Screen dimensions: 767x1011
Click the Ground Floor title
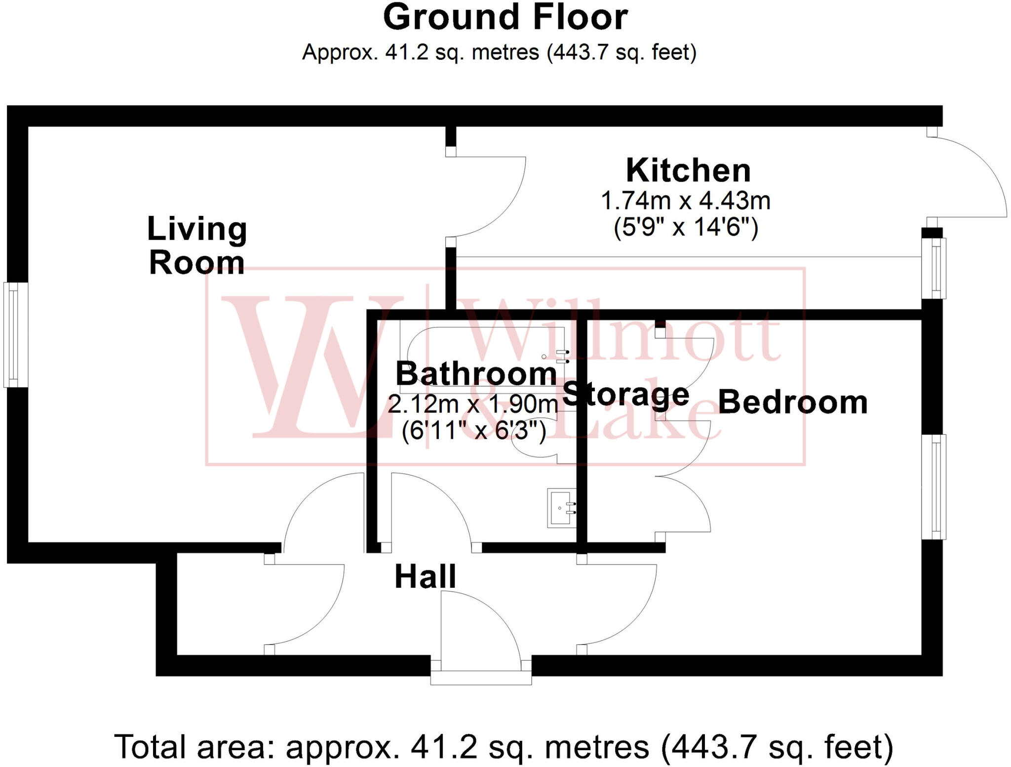click(x=505, y=18)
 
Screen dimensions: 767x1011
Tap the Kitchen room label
click(x=688, y=171)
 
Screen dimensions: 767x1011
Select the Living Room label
click(x=197, y=245)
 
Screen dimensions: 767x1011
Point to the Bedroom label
click(x=792, y=402)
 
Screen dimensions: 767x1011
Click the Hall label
click(x=425, y=576)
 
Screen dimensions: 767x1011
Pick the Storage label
click(x=625, y=395)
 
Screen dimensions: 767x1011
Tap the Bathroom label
click(x=476, y=374)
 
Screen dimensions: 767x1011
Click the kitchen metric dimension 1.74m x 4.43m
click(x=686, y=201)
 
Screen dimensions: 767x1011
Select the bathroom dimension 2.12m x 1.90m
click(x=472, y=404)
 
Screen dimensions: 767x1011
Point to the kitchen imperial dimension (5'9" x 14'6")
click(x=686, y=228)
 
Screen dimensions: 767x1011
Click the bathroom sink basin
click(x=561, y=508)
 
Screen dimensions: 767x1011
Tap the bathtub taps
click(x=562, y=357)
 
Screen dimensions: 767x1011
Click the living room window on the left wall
click(x=16, y=334)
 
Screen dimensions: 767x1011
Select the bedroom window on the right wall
click(x=934, y=486)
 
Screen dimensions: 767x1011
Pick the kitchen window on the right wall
click(x=934, y=268)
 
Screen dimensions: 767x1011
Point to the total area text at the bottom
click(x=504, y=747)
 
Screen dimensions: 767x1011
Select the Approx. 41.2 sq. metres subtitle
click(x=499, y=52)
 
